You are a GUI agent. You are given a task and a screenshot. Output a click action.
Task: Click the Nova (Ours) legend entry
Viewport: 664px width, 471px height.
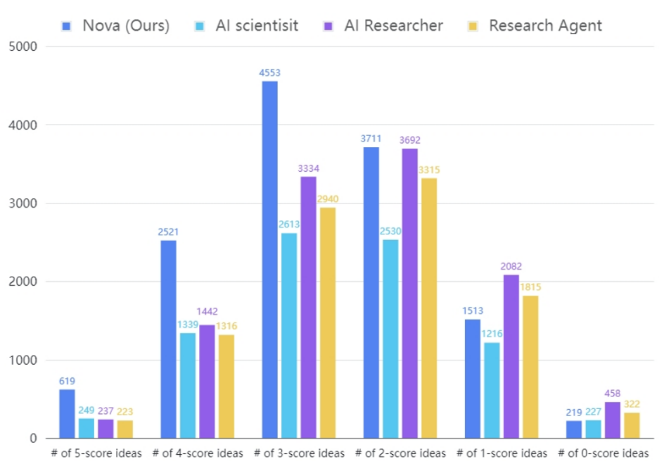115,26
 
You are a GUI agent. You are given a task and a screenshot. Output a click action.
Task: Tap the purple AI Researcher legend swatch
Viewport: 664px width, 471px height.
328,26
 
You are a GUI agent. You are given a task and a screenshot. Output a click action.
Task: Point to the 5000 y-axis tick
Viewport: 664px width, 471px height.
24,47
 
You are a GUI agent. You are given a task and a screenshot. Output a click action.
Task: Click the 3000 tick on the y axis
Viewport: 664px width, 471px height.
24,203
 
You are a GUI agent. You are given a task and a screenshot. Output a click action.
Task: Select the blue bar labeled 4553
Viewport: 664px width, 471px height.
269,260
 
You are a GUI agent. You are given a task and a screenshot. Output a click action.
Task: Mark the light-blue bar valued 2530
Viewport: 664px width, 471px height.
390,339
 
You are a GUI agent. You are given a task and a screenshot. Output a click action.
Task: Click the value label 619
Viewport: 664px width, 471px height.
67,381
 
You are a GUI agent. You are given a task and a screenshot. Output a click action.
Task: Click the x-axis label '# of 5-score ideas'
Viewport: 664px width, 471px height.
96,453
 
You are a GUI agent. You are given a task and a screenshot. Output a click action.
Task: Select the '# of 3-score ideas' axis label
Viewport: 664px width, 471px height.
299,453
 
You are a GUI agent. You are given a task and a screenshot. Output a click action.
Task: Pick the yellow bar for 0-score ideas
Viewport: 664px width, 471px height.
632,425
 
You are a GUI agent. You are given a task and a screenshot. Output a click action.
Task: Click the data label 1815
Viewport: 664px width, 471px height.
531,287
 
